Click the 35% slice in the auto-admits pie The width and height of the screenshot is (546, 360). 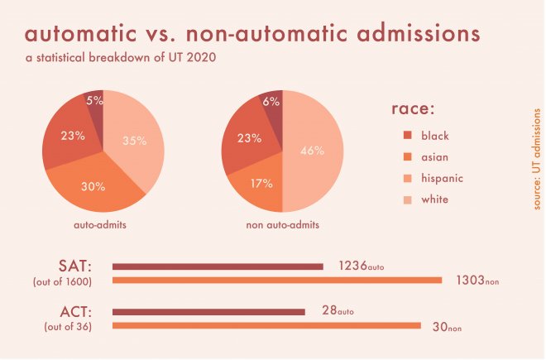click(134, 141)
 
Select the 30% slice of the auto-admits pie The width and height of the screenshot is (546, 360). click(93, 186)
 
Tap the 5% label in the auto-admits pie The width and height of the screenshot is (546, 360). click(94, 101)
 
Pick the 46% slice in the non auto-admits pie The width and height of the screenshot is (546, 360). click(313, 151)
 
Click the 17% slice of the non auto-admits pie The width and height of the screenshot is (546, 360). click(261, 184)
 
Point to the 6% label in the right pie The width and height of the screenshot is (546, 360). click(271, 102)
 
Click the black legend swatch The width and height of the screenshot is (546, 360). click(407, 135)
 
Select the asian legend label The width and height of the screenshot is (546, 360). click(434, 157)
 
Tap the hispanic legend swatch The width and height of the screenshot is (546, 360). click(407, 179)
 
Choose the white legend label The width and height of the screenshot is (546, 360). click(434, 199)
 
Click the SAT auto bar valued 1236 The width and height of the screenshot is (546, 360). click(218, 267)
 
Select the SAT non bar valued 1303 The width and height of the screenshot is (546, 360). click(277, 281)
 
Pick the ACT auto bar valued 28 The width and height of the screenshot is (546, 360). click(208, 312)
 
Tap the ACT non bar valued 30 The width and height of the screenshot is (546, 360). click(266, 325)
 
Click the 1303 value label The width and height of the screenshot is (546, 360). click(471, 280)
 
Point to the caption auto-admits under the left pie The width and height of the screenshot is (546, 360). click(100, 225)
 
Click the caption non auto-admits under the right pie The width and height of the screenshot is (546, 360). click(282, 225)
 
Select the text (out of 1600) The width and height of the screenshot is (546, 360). click(62, 281)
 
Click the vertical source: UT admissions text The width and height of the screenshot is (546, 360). click(537, 159)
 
